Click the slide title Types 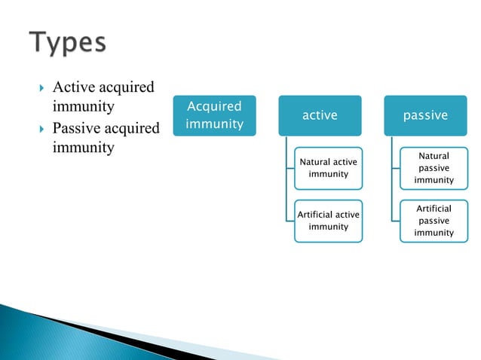pyautogui.click(x=69, y=42)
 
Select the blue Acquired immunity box pyautogui.click(x=214, y=115)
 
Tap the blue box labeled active pyautogui.click(x=320, y=115)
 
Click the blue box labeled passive pyautogui.click(x=425, y=115)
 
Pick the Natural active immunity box pyautogui.click(x=329, y=168)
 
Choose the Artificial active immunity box pyautogui.click(x=329, y=221)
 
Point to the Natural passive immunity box pyautogui.click(x=434, y=168)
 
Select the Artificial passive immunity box pyautogui.click(x=434, y=221)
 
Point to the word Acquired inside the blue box pyautogui.click(x=214, y=107)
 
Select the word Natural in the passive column pyautogui.click(x=434, y=156)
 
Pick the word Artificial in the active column pyautogui.click(x=316, y=215)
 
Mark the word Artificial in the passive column pyautogui.click(x=434, y=209)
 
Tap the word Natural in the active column pyautogui.click(x=316, y=162)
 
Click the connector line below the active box pyautogui.click(x=287, y=177)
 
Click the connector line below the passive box pyautogui.click(x=392, y=177)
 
